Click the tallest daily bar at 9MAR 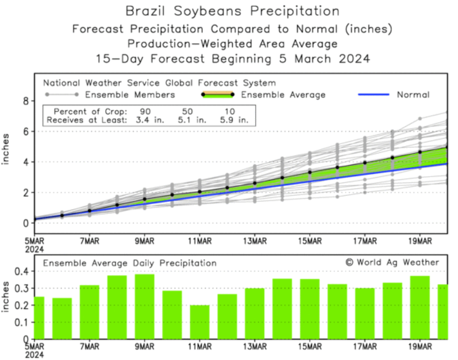coord(145,306)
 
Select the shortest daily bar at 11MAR coord(199,322)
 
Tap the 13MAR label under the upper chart coord(255,241)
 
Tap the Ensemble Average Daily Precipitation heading coord(129,263)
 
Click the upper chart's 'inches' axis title coord(7,149)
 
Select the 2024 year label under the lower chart coord(34,356)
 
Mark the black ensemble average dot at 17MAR coord(365,163)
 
